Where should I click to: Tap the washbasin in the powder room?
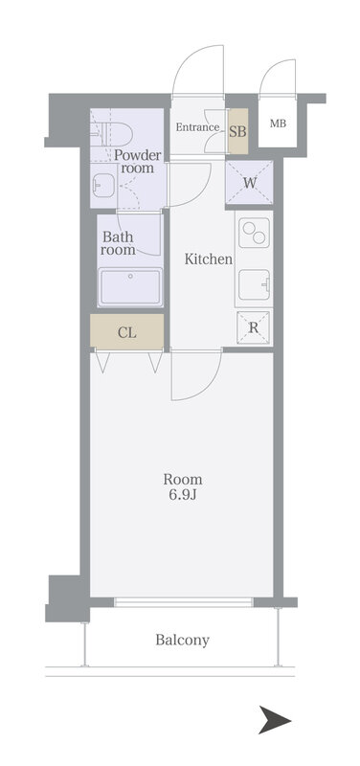(x=103, y=186)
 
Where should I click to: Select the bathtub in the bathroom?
(x=130, y=286)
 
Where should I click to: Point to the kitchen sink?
(x=254, y=284)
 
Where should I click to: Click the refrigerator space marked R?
(x=253, y=327)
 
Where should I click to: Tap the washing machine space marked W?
(x=249, y=183)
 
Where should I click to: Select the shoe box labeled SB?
(x=237, y=130)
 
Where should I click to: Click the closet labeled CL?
(x=127, y=332)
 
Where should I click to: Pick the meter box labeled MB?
(x=278, y=124)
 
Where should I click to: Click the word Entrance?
(x=197, y=127)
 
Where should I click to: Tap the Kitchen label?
(x=208, y=259)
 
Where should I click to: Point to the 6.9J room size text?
(x=183, y=495)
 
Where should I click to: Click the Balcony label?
(x=183, y=640)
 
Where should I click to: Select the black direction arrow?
(x=275, y=720)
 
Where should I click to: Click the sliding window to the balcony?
(x=183, y=602)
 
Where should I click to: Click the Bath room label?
(x=119, y=243)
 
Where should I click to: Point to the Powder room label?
(x=137, y=162)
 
